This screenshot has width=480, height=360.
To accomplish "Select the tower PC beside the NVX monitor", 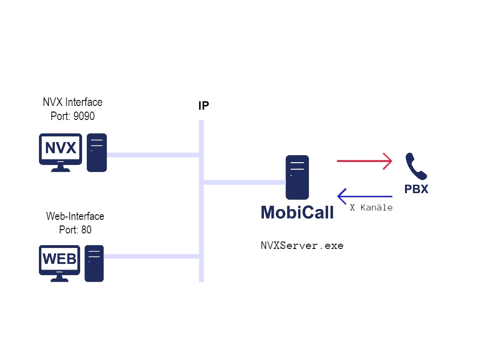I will click(x=97, y=152).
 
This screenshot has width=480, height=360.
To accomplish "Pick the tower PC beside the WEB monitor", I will click(x=94, y=263).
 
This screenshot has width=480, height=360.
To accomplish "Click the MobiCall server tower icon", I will click(x=297, y=177).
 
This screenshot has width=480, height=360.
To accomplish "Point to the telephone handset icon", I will click(x=416, y=166).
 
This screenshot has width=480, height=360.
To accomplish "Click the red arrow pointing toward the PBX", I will click(x=364, y=161).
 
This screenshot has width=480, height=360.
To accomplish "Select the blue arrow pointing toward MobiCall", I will click(x=364, y=196).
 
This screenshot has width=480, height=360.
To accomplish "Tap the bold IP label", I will click(x=203, y=106).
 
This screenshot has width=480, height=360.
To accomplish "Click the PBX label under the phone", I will click(x=416, y=189).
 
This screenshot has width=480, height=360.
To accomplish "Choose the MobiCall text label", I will click(x=297, y=212).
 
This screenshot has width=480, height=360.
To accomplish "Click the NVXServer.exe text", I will click(x=302, y=246).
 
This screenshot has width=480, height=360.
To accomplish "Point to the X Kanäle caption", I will click(x=371, y=208).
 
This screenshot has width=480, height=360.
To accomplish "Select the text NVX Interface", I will click(x=72, y=102).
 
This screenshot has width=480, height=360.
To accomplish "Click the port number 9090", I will click(x=84, y=116).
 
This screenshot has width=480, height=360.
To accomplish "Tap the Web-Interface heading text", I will click(x=75, y=217).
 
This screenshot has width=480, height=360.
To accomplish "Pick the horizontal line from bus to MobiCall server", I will click(x=244, y=182).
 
